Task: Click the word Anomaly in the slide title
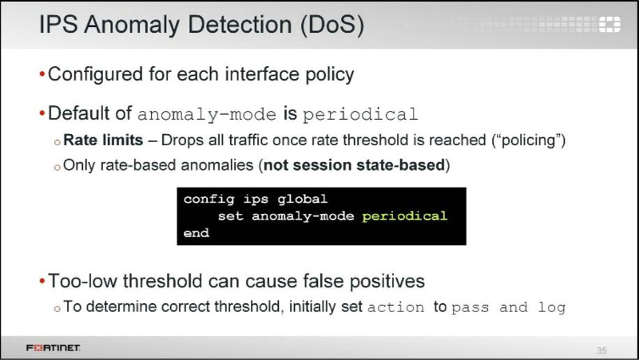coord(132,26)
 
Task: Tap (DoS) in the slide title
coord(332,26)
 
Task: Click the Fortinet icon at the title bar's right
coord(609,24)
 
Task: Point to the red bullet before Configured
coord(42,74)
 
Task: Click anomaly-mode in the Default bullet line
coord(207,114)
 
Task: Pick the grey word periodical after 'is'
coord(360,115)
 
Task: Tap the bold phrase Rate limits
coord(103,140)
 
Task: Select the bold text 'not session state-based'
coord(354,165)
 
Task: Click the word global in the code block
coord(302,199)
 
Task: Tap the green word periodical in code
coord(404,216)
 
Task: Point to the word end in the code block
coord(196,233)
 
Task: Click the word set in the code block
coord(230,216)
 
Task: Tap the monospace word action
coord(395,307)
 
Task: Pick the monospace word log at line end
coord(552,308)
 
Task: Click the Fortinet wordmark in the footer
coord(54,348)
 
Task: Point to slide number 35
coord(601,350)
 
